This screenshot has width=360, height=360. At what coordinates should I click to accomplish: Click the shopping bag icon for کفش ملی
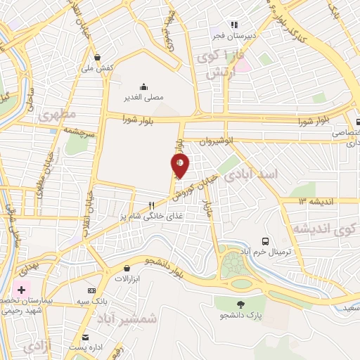tap(96, 58)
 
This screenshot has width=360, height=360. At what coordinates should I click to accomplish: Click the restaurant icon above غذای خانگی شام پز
tap(150, 205)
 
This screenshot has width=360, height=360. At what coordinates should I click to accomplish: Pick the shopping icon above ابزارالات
tap(127, 268)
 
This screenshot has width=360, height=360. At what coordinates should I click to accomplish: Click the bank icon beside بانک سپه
tap(91, 290)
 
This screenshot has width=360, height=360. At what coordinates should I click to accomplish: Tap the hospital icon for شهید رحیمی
tap(22, 290)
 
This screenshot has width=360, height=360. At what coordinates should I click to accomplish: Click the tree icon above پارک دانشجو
tap(241, 304)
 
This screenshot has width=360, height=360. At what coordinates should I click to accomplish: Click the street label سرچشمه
tap(79, 131)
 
